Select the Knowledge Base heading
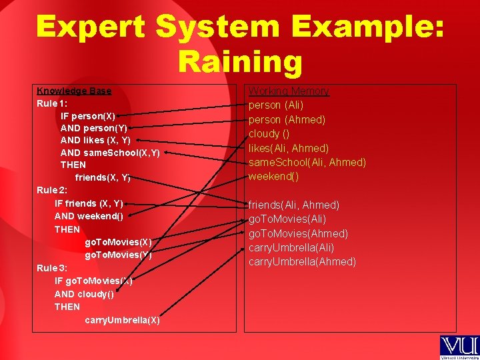[x=74, y=91]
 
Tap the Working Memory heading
[x=289, y=91]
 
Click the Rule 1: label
[x=52, y=103]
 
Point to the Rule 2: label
[x=52, y=190]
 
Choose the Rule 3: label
[x=52, y=268]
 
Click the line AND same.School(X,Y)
[x=110, y=153]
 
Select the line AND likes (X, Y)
[x=95, y=140]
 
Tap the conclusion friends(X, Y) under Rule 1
[x=103, y=177]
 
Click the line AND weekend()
[x=89, y=216]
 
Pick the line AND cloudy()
[x=84, y=294]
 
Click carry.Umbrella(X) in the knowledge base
[x=122, y=320]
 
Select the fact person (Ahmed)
[x=287, y=120]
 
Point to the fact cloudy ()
[x=264, y=133]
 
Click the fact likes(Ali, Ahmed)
[x=289, y=148]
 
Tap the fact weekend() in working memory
[x=273, y=177]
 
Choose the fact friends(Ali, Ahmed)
[x=294, y=205]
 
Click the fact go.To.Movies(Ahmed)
[x=298, y=233]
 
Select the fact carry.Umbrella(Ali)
[x=291, y=247]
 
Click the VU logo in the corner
[x=459, y=345]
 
